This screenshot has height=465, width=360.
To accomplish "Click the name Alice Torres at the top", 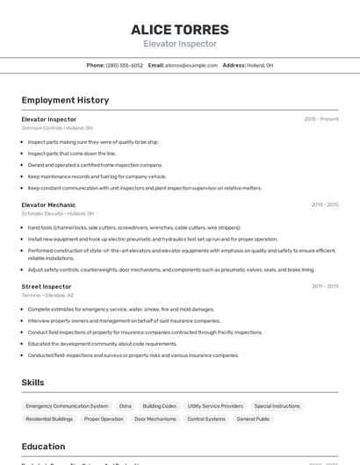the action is tap(180, 29).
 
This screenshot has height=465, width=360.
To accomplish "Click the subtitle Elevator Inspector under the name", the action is tap(180, 44).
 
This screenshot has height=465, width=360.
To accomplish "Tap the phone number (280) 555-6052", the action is tap(124, 65).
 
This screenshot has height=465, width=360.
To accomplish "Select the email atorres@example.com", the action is tap(191, 65).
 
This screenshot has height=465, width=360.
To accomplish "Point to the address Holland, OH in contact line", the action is tap(260, 65).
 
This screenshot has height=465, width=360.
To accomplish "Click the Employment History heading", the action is tap(65, 100).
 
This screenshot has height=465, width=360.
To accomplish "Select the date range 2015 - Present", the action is tap(320, 118).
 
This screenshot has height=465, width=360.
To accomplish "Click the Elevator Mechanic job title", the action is tap(48, 204).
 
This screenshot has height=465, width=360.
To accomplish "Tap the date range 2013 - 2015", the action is tap(324, 204).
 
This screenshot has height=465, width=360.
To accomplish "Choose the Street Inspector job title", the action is tap(47, 286).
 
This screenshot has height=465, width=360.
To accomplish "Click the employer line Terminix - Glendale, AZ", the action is tap(47, 295).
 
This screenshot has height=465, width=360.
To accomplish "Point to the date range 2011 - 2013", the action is tap(325, 286).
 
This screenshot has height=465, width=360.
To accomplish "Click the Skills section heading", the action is tap(32, 383).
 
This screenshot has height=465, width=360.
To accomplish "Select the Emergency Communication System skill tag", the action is tap(67, 406).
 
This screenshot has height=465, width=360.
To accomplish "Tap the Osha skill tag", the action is tap(126, 406).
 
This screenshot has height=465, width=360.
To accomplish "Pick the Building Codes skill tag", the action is tap(160, 406).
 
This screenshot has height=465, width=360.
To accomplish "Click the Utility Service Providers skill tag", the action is tap(215, 406).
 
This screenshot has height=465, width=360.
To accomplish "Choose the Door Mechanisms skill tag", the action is tap(155, 418).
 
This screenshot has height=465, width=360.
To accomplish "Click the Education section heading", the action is tap(43, 446).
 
